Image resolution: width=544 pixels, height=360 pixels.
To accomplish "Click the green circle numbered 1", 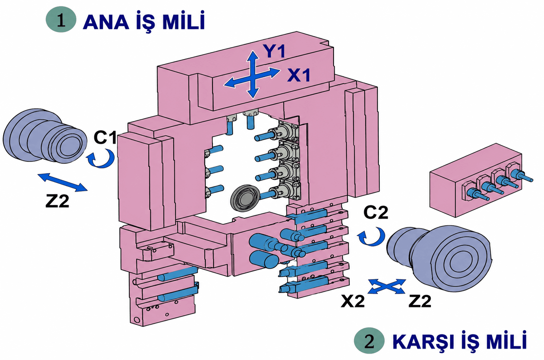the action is coord(61,19).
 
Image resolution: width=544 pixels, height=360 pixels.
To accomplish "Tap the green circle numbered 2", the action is coord(369,341).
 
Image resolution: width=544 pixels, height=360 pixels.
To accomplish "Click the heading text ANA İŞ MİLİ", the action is coord(144,21).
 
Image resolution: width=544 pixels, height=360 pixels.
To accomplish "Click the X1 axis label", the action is coord(299,75).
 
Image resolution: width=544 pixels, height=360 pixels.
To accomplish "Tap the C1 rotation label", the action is coord(105,137).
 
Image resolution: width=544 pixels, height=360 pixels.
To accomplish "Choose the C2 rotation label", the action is coord(376,212).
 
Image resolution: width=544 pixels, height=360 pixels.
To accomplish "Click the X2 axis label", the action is coord(353,301).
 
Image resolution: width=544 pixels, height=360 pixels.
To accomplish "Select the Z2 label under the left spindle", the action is coord(57,201).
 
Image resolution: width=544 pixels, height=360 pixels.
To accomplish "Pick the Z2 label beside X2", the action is coord(420,301).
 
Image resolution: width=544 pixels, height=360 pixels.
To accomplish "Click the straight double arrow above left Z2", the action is coord(62,182).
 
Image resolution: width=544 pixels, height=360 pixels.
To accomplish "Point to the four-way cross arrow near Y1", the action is coord(252,74).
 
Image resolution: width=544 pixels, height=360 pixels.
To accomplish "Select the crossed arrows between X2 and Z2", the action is coord(387,287).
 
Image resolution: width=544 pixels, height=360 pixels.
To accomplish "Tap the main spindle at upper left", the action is coord(45,136).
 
